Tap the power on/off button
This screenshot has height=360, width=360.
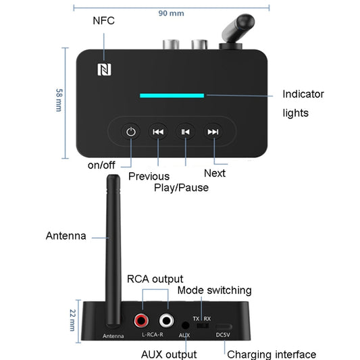(x=131, y=132)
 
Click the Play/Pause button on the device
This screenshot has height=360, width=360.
(x=185, y=132)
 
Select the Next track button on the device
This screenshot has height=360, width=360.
(x=213, y=132)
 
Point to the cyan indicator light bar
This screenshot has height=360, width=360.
(x=172, y=95)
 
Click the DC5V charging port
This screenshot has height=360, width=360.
(x=223, y=326)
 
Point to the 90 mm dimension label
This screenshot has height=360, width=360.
(x=170, y=13)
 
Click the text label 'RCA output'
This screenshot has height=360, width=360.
(x=155, y=278)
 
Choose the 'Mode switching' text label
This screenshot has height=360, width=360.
(x=214, y=290)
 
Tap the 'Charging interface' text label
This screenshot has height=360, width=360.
(x=271, y=354)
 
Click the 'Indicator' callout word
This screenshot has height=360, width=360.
(x=303, y=95)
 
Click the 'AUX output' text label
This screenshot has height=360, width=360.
(x=168, y=354)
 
